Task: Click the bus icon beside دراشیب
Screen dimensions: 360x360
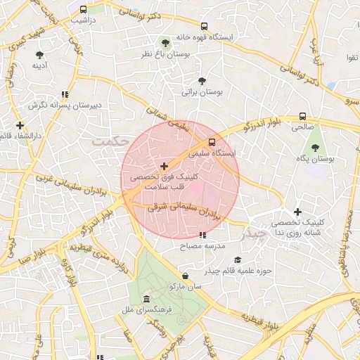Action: (84, 10)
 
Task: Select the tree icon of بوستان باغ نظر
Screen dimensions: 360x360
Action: (165, 42)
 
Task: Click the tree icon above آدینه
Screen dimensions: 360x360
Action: (39, 54)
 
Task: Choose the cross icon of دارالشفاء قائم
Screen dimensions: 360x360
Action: (20, 124)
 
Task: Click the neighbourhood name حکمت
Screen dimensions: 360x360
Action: (110, 141)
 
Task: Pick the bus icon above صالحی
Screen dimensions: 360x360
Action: (302, 116)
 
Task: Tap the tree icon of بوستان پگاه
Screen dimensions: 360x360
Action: (314, 148)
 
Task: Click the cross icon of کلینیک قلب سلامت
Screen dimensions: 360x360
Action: (164, 167)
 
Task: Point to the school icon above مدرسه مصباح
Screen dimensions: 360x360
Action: (202, 236)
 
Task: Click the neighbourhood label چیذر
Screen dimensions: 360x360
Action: (254, 233)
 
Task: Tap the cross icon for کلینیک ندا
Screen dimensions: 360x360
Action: (298, 211)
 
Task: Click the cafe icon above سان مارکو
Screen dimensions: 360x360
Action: (184, 276)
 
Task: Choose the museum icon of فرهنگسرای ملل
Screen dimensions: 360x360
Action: (146, 298)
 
